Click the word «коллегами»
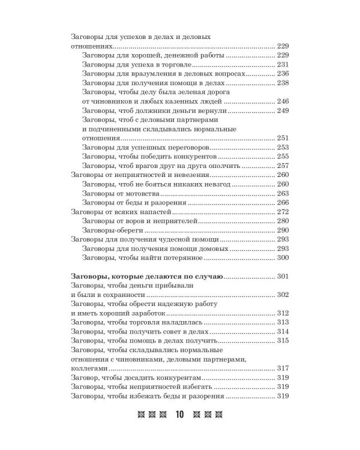click(x=89, y=368)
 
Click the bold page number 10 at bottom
click(x=180, y=415)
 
